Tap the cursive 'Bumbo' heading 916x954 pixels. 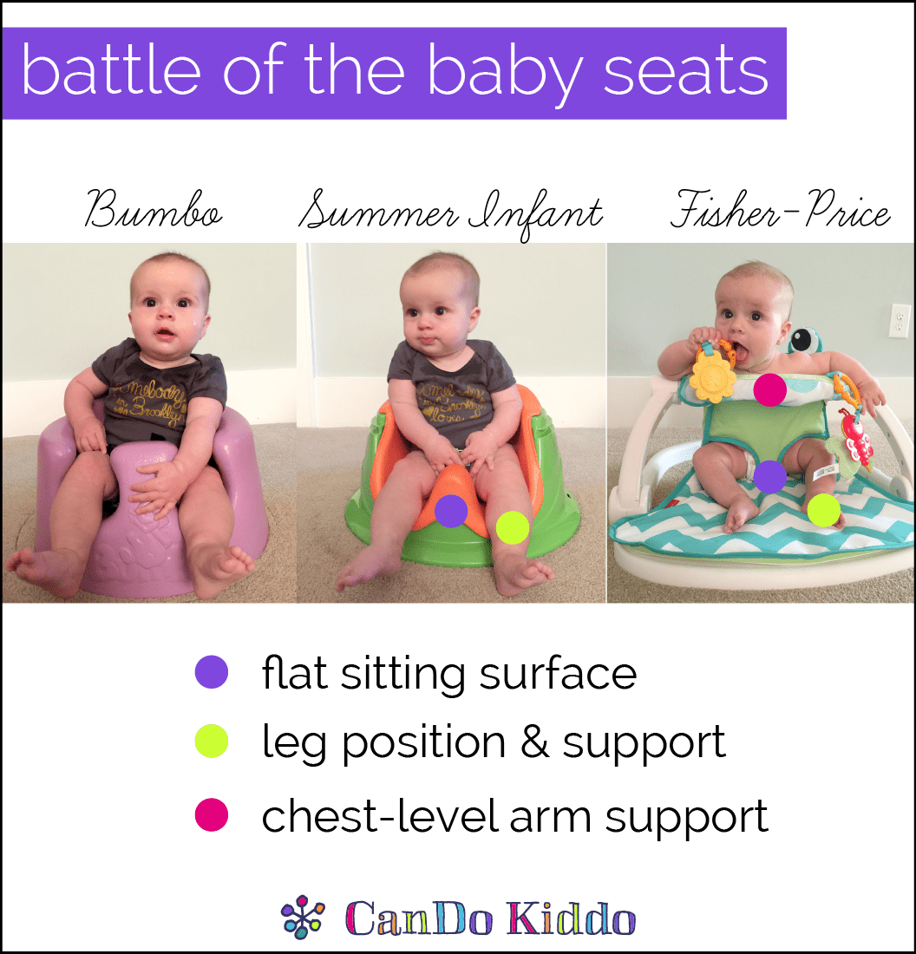[154, 209]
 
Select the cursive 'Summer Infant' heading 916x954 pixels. [451, 214]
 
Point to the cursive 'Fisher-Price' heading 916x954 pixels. [781, 209]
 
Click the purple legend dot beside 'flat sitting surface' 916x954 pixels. [211, 671]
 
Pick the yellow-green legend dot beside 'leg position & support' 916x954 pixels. [211, 741]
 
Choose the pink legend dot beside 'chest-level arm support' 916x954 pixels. [211, 815]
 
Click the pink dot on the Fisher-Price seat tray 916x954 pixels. [770, 389]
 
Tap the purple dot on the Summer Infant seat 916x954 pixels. [451, 511]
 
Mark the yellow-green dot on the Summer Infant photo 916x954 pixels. [513, 527]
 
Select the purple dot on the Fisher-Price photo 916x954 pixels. [770, 476]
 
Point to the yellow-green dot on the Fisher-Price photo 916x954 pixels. [823, 510]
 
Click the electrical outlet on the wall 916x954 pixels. [899, 320]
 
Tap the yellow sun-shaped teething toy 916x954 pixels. [712, 375]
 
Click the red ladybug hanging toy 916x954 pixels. [856, 435]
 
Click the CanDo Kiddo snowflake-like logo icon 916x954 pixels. [303, 917]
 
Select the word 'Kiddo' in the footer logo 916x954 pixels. [572, 918]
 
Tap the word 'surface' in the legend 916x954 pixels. [558, 674]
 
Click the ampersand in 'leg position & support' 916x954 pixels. [534, 742]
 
